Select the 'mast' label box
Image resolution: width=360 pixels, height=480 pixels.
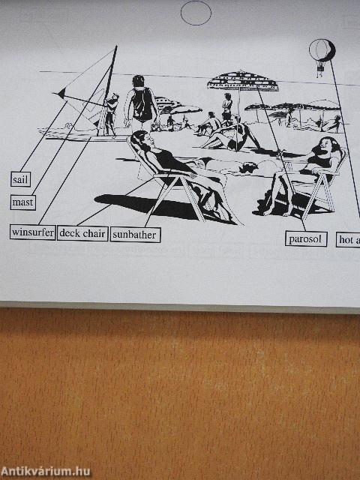pyautogui.click(x=23, y=202)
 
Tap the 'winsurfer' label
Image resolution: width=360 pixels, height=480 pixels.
pyautogui.click(x=33, y=232)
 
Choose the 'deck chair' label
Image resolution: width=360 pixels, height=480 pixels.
pyautogui.click(x=82, y=233)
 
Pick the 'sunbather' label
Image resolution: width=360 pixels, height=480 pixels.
pyautogui.click(x=135, y=235)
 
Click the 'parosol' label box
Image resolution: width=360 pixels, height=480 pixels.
pyautogui.click(x=306, y=239)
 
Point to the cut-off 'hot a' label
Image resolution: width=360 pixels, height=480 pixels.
pyautogui.click(x=348, y=240)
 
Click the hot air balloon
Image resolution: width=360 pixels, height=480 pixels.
pyautogui.click(x=322, y=51)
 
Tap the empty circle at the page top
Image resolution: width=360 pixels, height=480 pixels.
pyautogui.click(x=196, y=13)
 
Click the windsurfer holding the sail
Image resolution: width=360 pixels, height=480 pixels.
pyautogui.click(x=111, y=112)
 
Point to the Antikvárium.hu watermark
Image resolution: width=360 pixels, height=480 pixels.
pyautogui.click(x=46, y=471)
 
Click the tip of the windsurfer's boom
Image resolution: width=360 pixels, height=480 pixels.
pyautogui.click(x=57, y=94)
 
